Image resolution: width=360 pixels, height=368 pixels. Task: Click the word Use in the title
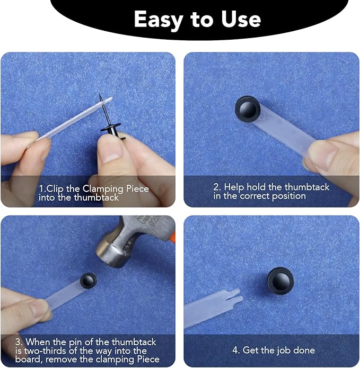pyautogui.click(x=240, y=20)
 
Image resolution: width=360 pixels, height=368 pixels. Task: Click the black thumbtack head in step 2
pyautogui.click(x=247, y=108)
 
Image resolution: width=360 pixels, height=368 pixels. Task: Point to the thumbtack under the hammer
pyautogui.click(x=88, y=280)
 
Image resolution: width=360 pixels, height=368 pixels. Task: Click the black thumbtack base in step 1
pyautogui.click(x=112, y=130)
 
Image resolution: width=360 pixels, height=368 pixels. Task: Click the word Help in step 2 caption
pyautogui.click(x=234, y=187)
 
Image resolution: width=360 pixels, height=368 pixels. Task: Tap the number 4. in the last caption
pyautogui.click(x=236, y=350)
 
